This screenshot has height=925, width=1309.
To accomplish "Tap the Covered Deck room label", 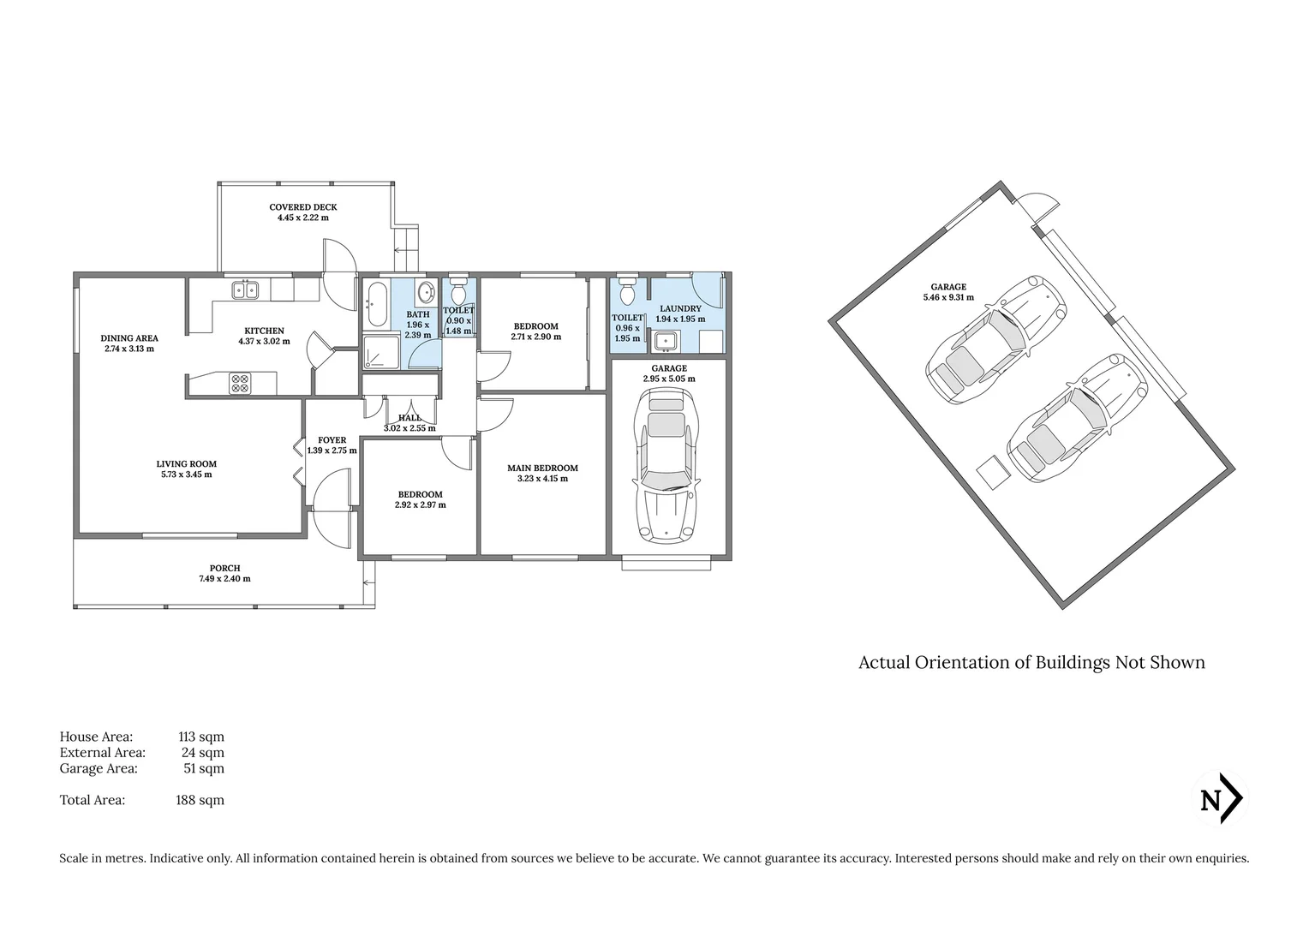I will pyautogui.click(x=302, y=207).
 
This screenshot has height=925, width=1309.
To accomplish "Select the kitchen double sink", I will pyautogui.click(x=244, y=290).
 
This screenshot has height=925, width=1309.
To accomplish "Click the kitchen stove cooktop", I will pyautogui.click(x=240, y=383).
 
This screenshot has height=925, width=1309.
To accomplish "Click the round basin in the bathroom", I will pyautogui.click(x=425, y=294).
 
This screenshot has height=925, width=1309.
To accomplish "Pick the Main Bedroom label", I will pyautogui.click(x=542, y=468).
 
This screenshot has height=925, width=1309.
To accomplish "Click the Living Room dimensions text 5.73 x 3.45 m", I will pyautogui.click(x=186, y=474).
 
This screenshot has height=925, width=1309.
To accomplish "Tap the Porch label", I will pyautogui.click(x=224, y=568).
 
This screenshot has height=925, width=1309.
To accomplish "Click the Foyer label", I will pyautogui.click(x=332, y=440).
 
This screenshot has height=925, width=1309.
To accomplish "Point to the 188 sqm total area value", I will pyautogui.click(x=200, y=800).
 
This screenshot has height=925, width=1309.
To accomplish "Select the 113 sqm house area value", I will pyautogui.click(x=200, y=737).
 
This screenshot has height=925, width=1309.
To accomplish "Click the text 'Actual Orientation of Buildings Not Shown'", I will pyautogui.click(x=1031, y=663).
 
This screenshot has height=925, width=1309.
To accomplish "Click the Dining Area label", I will pyautogui.click(x=129, y=338).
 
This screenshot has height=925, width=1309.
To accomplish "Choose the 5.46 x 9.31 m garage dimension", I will pyautogui.click(x=948, y=298).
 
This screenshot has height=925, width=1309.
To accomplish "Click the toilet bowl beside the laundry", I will pyautogui.click(x=626, y=291).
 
